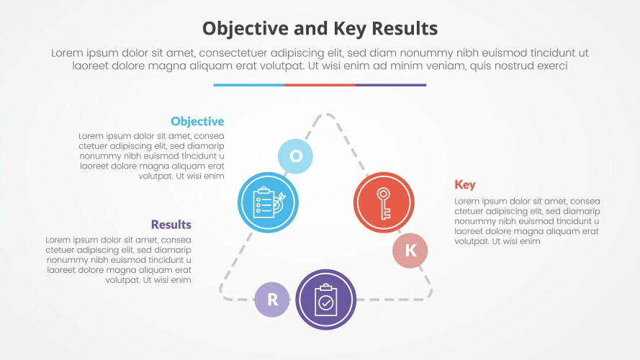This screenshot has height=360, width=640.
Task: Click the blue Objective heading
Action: (x=197, y=122)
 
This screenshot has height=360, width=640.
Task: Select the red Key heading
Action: (x=464, y=185)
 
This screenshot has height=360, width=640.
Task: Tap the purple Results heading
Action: (x=171, y=225)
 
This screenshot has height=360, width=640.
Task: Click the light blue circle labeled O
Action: (x=296, y=156)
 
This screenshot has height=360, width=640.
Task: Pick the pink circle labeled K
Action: (x=410, y=251)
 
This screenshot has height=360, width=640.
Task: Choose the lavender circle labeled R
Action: (x=272, y=300)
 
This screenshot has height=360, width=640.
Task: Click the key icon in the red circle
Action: (x=384, y=202)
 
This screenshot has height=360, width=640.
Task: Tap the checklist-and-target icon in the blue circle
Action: (x=267, y=202)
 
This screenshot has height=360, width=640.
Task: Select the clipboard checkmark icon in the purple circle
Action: (x=326, y=299)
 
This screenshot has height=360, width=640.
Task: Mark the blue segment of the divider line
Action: (x=248, y=85)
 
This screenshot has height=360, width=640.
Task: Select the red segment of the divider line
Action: (x=320, y=85)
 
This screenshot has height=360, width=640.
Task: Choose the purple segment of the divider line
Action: (x=391, y=85)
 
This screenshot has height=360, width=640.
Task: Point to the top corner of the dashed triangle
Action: (x=326, y=114)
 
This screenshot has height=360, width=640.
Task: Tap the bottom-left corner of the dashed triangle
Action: (x=224, y=295)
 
